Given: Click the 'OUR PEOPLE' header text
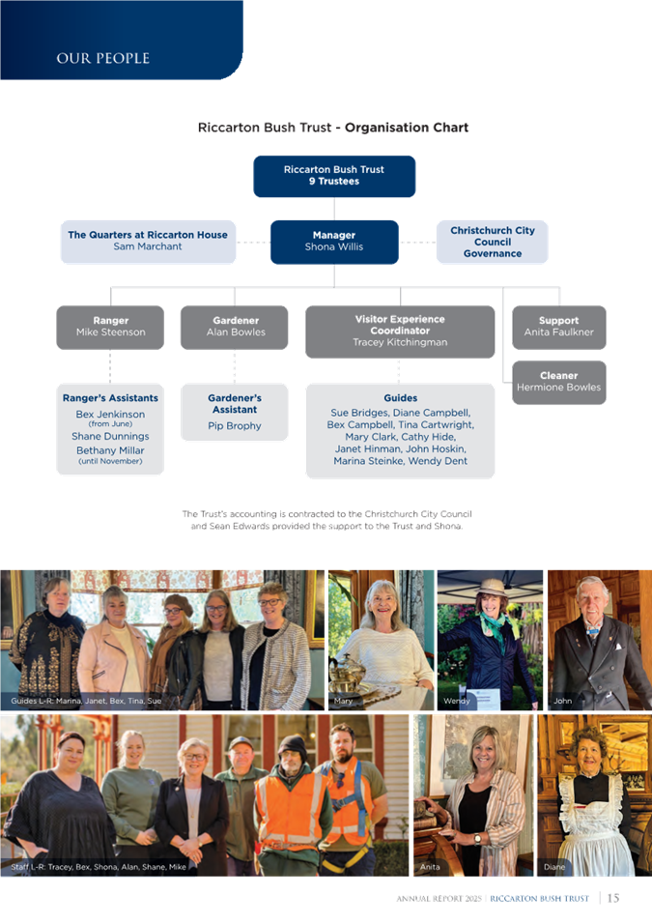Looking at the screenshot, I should [x=102, y=59].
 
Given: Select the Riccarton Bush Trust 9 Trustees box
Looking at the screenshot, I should [x=334, y=176].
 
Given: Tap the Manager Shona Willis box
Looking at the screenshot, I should [x=334, y=241].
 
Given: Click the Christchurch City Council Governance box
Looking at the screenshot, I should [x=493, y=242].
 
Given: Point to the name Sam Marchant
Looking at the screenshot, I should [x=148, y=246].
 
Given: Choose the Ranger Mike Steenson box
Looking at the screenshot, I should [x=110, y=327].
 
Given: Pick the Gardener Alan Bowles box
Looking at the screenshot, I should [x=235, y=327].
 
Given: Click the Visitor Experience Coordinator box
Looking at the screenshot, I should [x=400, y=331].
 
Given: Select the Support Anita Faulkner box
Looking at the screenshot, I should [x=558, y=327].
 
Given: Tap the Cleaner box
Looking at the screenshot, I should [x=558, y=382].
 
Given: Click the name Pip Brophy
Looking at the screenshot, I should [x=235, y=425].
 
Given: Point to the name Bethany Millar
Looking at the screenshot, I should [x=110, y=450].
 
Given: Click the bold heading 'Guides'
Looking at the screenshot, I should [x=400, y=398].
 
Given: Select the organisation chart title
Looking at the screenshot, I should [x=333, y=128].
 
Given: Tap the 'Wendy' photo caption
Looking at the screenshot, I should [x=456, y=700].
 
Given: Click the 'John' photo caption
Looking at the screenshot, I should [x=562, y=700].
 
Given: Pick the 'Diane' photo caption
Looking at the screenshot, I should [x=554, y=867].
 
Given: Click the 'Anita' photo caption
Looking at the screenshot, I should [x=430, y=867].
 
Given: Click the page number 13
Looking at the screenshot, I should [x=612, y=899].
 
